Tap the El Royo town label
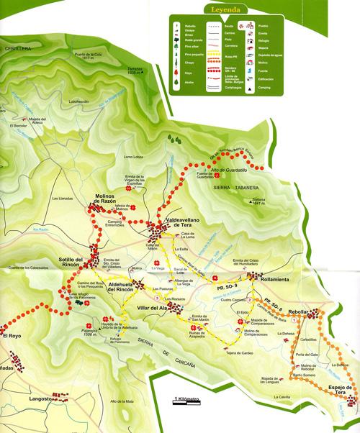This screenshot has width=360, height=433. click(13, 336)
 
